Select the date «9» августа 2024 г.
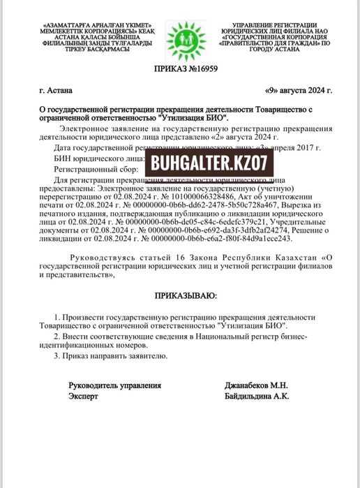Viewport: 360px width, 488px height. click(x=299, y=91)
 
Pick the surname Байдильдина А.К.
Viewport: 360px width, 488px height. click(x=257, y=396)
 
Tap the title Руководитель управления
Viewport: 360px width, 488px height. click(x=114, y=385)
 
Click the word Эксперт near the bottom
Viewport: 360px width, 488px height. click(x=83, y=396)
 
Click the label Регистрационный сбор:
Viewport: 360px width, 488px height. click(x=91, y=170)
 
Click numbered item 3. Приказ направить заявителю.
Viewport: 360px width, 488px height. click(x=111, y=355)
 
